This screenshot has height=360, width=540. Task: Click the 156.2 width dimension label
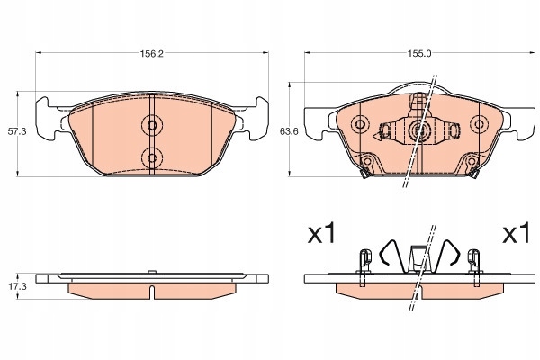click(151, 54)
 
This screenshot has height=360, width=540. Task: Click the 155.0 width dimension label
click(419, 54)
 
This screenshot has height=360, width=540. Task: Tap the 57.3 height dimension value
click(17, 131)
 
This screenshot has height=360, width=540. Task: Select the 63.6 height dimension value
click(289, 131)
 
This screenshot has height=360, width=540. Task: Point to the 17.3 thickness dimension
click(17, 286)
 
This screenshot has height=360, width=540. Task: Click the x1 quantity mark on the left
click(321, 233)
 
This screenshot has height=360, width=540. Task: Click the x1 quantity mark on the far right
click(517, 233)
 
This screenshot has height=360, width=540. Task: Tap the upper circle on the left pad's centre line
click(152, 125)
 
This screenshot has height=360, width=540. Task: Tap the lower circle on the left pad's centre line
click(152, 158)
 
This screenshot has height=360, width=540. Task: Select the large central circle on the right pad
click(419, 130)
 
